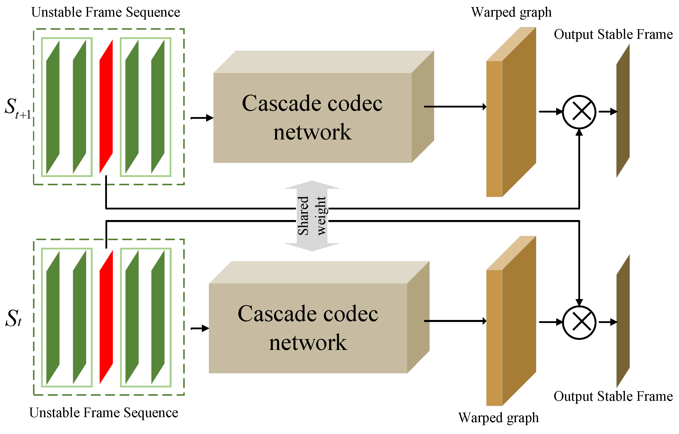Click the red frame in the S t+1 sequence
(x=106, y=106)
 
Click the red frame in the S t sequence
(x=106, y=317)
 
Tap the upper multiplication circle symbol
(x=579, y=112)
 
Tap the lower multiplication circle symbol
(x=579, y=322)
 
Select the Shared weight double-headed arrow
(x=312, y=216)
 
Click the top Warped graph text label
(x=511, y=12)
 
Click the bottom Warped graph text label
(x=498, y=418)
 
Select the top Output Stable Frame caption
(x=613, y=34)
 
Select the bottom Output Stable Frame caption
(x=613, y=396)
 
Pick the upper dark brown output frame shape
(x=623, y=111)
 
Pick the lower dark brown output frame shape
(x=623, y=321)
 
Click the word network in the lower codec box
(x=308, y=343)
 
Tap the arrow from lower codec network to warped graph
(x=455, y=321)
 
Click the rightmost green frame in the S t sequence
(x=158, y=317)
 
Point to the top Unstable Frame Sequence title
(x=105, y=12)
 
